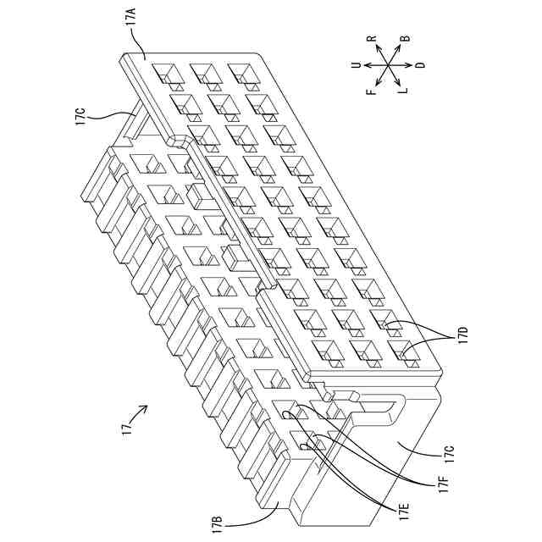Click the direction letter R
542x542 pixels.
coord(371,40)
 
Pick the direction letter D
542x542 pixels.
coord(420,64)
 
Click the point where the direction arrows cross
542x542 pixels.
coord(388,64)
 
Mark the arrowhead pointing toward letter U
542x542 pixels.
coord(366,64)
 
